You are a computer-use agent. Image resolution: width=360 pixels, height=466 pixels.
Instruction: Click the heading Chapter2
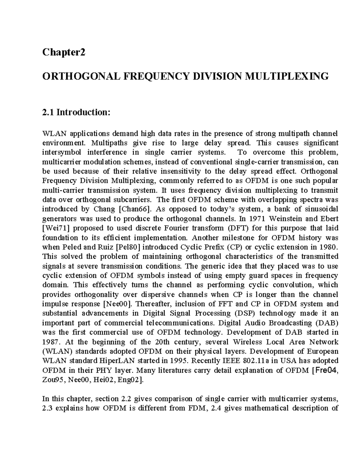tap(64, 53)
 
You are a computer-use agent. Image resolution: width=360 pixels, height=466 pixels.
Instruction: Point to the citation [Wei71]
tap(56, 228)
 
